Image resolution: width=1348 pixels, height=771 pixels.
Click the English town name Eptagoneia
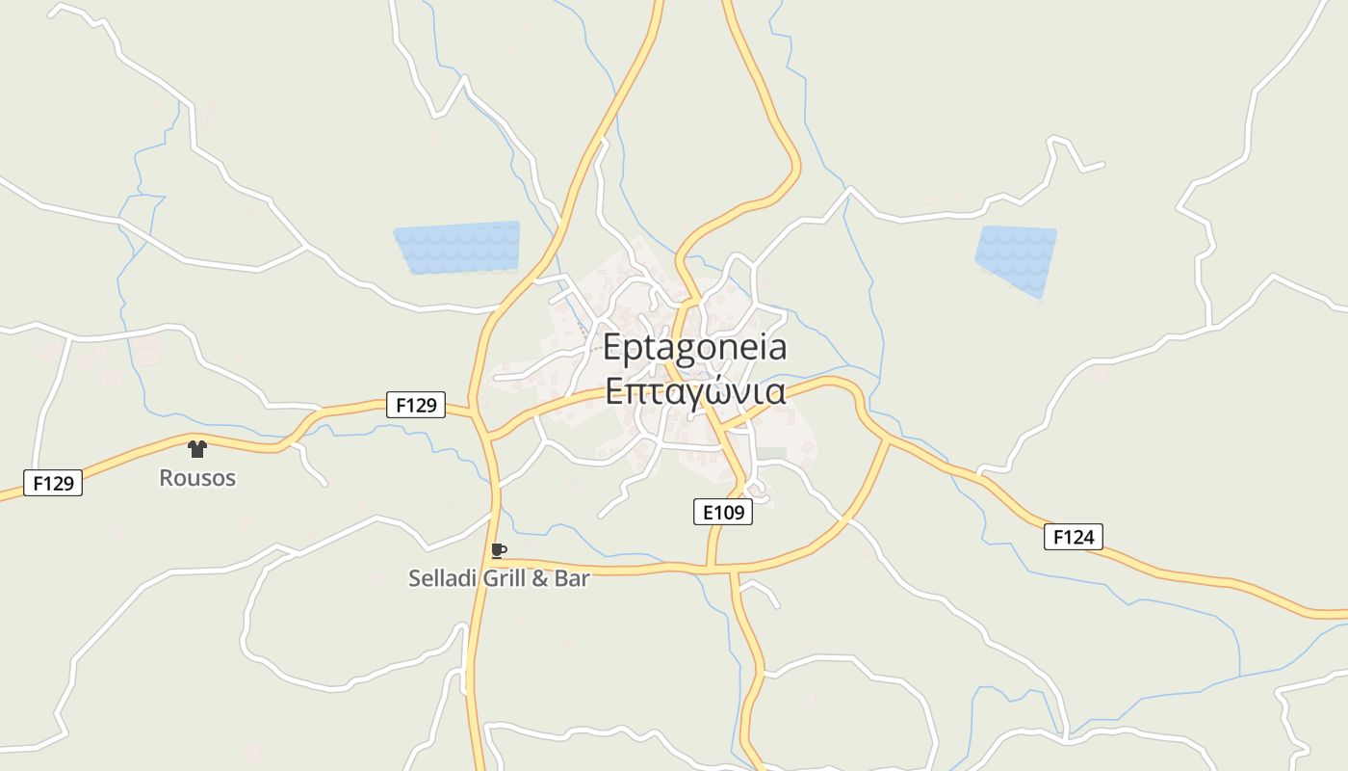(694, 348)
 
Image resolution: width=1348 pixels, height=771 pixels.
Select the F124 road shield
(1073, 537)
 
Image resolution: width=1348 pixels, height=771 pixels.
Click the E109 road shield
(722, 513)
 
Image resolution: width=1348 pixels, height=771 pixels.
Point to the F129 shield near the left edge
(53, 483)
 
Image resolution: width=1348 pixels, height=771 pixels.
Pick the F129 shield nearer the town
(416, 405)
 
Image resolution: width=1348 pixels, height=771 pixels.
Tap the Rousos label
(197, 478)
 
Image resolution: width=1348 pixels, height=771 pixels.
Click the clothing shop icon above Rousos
(197, 448)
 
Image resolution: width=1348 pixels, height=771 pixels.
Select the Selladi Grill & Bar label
(499, 578)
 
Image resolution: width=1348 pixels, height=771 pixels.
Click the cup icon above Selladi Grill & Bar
(498, 551)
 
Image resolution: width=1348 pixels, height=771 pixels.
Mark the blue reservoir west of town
(457, 248)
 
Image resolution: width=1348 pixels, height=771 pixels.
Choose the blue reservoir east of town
(1016, 258)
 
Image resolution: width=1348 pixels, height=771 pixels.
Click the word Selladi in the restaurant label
(440, 578)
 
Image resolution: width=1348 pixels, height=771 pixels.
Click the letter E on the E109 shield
(708, 513)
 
